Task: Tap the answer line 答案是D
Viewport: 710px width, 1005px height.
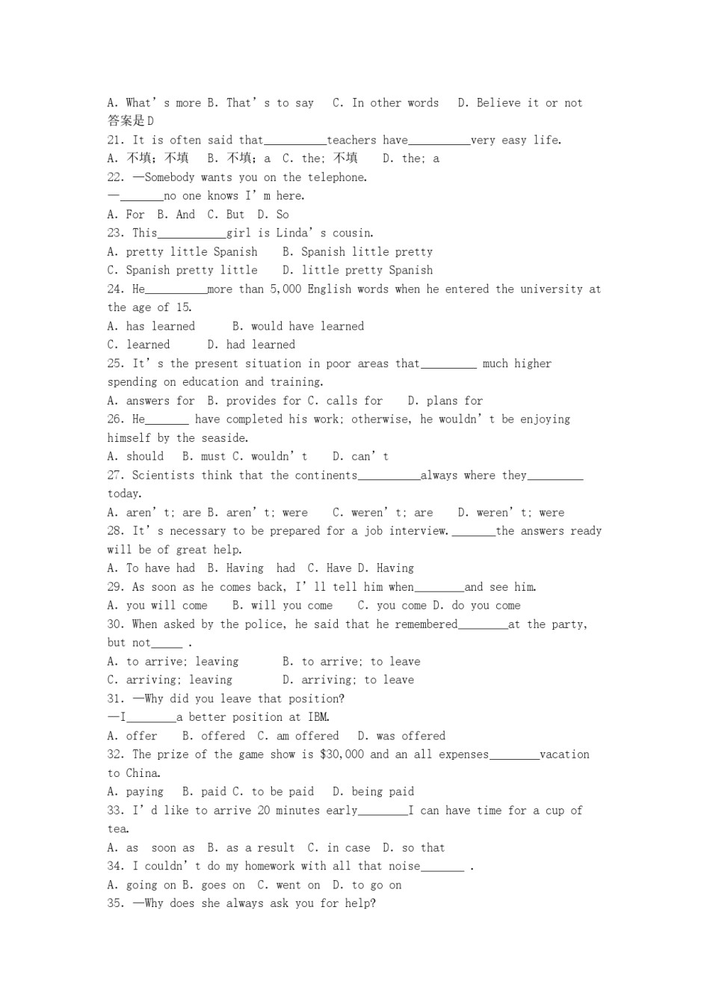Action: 131,121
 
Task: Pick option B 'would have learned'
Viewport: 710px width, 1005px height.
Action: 298,326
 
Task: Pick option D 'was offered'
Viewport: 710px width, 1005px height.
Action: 401,736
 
